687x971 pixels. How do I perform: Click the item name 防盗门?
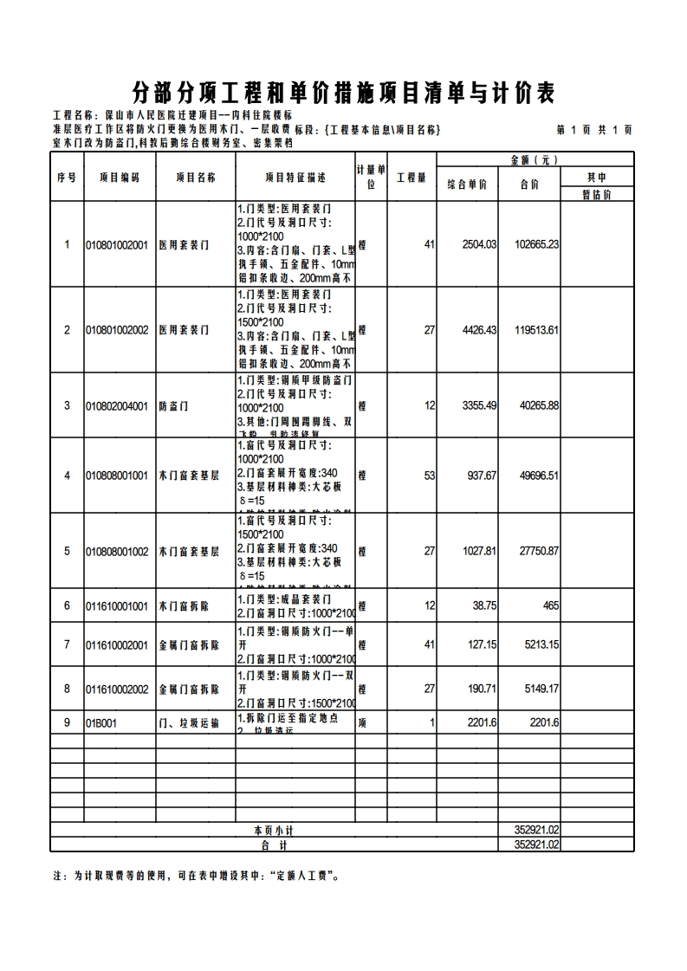tap(173, 406)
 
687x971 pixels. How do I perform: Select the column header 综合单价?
tap(467, 184)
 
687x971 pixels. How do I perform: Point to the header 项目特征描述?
tap(295, 178)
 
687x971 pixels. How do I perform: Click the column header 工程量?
tap(412, 178)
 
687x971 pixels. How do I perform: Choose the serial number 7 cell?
tap(67, 645)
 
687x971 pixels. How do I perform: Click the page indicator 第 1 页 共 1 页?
tap(593, 130)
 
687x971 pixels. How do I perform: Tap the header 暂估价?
tap(597, 195)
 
